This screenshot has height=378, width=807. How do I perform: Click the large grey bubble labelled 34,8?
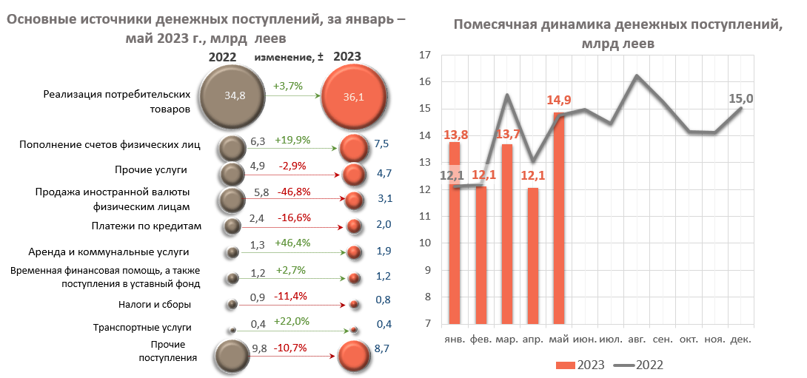tap(233, 95)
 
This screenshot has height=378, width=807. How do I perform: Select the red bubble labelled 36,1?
tap(353, 96)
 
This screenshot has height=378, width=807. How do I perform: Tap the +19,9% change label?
tap(292, 139)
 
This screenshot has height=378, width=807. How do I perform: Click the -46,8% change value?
tap(294, 192)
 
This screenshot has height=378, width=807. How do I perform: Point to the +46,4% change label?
tap(292, 243)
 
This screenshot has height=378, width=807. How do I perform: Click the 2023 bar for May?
tap(559, 218)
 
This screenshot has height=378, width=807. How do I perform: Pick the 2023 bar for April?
tap(533, 256)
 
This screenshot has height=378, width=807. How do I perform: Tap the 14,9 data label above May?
tap(560, 101)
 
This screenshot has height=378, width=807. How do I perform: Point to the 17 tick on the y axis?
tap(425, 55)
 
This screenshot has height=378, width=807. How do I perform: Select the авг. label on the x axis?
tap(636, 339)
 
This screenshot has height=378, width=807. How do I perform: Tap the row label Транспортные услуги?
tap(142, 327)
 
